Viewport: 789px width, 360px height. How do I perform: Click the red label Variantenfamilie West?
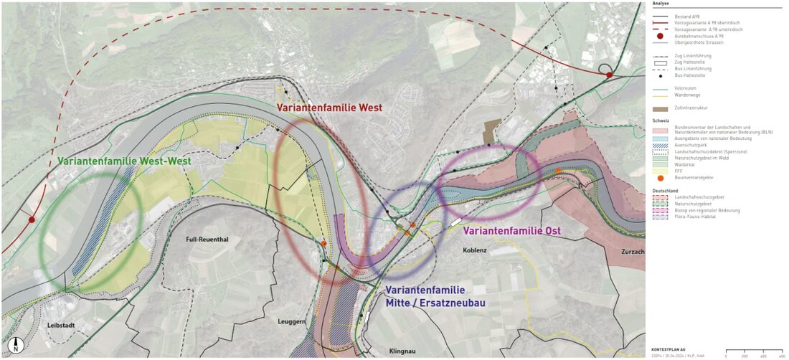329,108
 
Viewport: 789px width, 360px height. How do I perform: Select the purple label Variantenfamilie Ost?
511,231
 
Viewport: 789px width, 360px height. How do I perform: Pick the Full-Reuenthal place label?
207,240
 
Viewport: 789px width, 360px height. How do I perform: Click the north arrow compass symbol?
16,346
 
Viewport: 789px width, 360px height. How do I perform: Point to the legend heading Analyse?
661,4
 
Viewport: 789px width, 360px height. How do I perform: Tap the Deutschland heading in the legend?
664,190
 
